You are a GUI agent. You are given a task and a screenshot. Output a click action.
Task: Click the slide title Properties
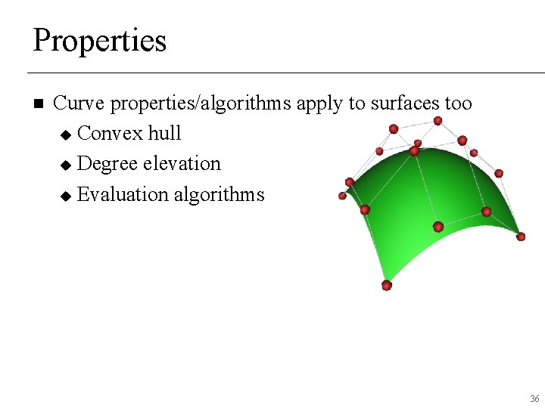(x=99, y=40)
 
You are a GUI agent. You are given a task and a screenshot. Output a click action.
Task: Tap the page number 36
(x=534, y=398)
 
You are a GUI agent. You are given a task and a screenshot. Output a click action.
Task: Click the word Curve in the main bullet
(x=78, y=103)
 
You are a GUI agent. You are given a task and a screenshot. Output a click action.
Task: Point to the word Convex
(x=111, y=134)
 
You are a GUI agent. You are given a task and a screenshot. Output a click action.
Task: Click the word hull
(x=164, y=134)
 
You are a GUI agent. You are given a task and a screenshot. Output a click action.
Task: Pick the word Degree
(x=110, y=164)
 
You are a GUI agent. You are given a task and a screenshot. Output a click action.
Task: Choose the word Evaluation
(x=123, y=194)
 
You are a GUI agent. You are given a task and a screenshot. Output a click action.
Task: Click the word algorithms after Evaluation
(x=219, y=194)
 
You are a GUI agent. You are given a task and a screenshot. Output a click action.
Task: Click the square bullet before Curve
(x=39, y=104)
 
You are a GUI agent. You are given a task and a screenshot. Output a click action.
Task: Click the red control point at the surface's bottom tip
(x=387, y=285)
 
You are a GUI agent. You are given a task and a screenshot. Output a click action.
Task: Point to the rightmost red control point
(x=521, y=236)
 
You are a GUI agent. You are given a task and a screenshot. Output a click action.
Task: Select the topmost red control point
(x=438, y=121)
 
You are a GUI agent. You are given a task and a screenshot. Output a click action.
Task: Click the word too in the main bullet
(x=457, y=103)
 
